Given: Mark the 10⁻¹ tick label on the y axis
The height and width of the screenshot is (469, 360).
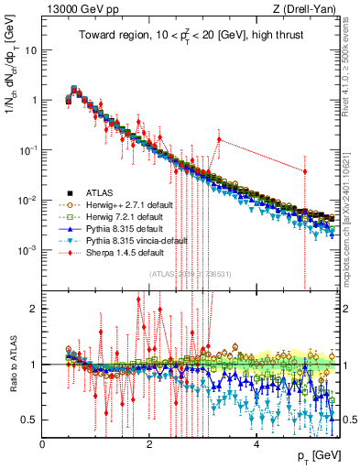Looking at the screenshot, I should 29,149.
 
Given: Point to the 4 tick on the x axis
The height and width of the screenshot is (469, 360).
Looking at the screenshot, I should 256,445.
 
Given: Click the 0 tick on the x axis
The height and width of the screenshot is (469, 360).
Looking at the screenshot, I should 42,445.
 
